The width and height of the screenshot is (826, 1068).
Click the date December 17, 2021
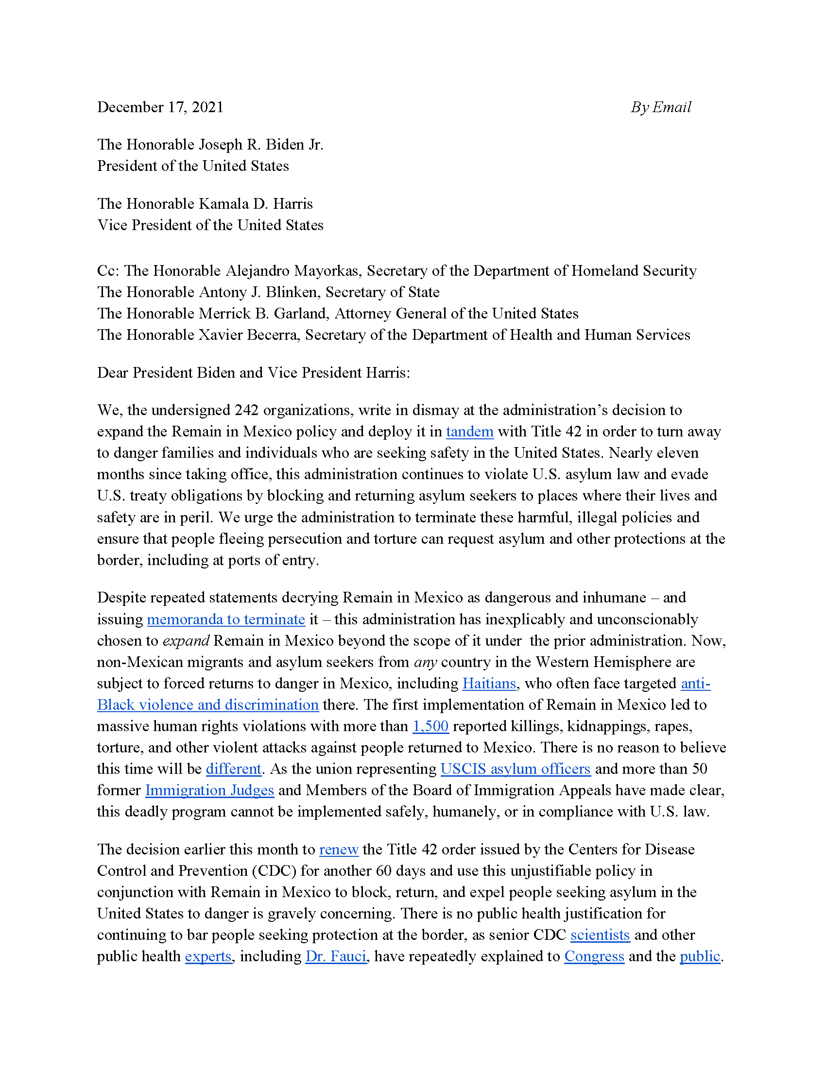coord(160,107)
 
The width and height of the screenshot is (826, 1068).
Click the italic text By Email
coord(661,107)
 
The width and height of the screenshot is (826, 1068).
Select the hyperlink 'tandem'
coord(469,432)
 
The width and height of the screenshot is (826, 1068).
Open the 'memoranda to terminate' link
coord(225,619)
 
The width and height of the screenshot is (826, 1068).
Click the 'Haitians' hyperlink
coord(489,684)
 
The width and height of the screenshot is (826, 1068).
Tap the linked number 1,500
coord(430,726)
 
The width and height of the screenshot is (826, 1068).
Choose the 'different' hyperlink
coord(233,769)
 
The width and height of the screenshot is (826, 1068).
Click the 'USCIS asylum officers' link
coord(515,769)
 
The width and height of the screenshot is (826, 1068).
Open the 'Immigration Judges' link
coord(209,790)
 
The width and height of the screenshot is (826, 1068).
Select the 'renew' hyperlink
coord(339,850)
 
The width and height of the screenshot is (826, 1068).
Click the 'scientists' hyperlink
coord(600,935)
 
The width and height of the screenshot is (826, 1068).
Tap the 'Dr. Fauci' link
coord(336,956)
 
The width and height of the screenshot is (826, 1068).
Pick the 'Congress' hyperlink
coord(594,956)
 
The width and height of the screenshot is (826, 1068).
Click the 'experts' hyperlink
coord(208,956)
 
